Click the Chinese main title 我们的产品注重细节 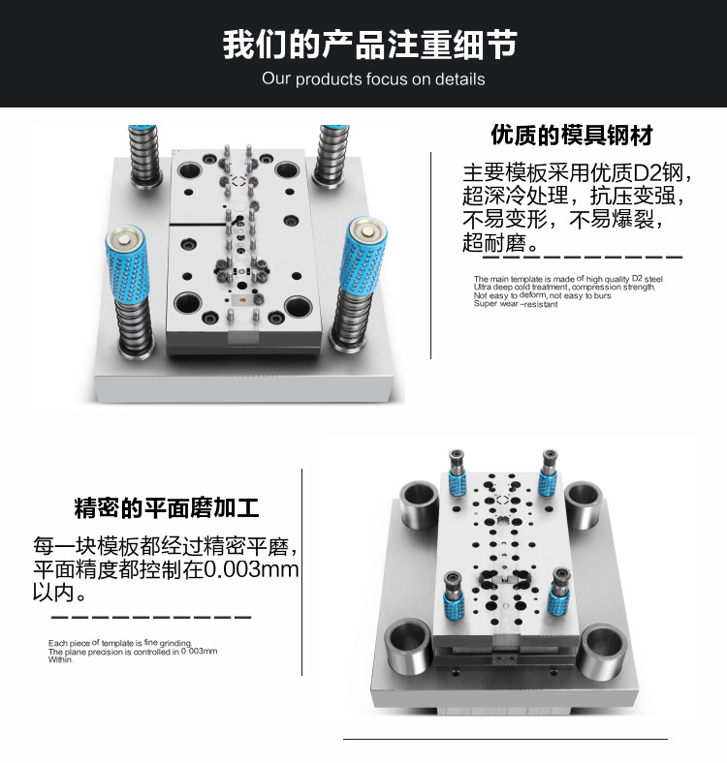[x=369, y=45]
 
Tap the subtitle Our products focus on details [x=373, y=78]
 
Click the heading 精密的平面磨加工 [x=167, y=507]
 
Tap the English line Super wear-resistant [x=516, y=304]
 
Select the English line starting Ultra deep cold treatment [x=564, y=288]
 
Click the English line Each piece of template [x=120, y=643]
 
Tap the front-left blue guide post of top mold [x=128, y=264]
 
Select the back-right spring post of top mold [x=331, y=155]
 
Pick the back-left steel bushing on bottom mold [x=419, y=504]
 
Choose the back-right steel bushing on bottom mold [x=584, y=504]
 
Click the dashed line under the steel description [x=583, y=258]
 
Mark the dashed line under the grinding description [x=151, y=617]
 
